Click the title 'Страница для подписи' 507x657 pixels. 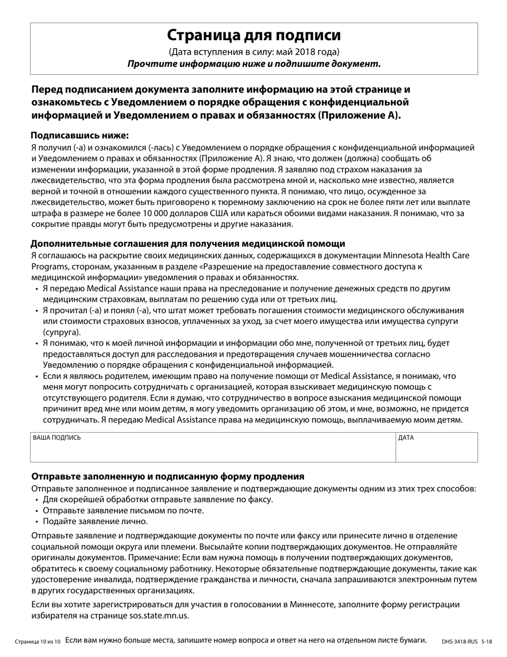[x=253, y=35]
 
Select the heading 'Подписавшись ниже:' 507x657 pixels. [x=80, y=135]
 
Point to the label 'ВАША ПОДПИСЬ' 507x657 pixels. [x=57, y=437]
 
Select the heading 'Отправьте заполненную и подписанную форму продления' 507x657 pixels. [x=168, y=476]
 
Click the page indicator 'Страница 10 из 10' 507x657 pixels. [x=38, y=641]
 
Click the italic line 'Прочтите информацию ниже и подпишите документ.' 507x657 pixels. [x=253, y=64]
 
